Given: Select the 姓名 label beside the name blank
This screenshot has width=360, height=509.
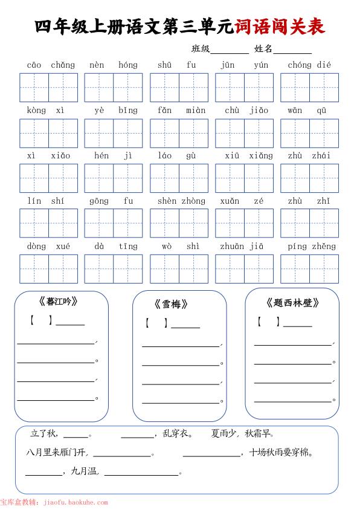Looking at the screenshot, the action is (x=263, y=49).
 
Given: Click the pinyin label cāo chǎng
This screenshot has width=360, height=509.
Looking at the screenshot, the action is (x=51, y=65).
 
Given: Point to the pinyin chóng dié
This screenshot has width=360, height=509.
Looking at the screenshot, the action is (x=309, y=65).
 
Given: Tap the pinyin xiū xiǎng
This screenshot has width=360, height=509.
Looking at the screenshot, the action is (x=245, y=155).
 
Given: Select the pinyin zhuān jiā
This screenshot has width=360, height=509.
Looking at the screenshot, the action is (x=245, y=246).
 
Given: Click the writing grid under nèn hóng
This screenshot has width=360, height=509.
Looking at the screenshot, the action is (x=114, y=87).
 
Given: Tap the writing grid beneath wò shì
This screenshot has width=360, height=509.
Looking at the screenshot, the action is (x=179, y=268).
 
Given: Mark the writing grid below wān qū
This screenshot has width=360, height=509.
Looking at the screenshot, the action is (x=309, y=133).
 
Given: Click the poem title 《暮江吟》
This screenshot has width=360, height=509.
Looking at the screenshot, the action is (x=58, y=301).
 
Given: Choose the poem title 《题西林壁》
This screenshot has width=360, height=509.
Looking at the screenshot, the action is (x=292, y=303).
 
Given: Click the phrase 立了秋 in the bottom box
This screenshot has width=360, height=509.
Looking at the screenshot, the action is (x=43, y=433).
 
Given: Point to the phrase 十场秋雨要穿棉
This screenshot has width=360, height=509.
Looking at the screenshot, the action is (x=280, y=452).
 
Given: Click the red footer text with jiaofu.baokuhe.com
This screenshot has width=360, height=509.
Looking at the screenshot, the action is (x=54, y=502).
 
